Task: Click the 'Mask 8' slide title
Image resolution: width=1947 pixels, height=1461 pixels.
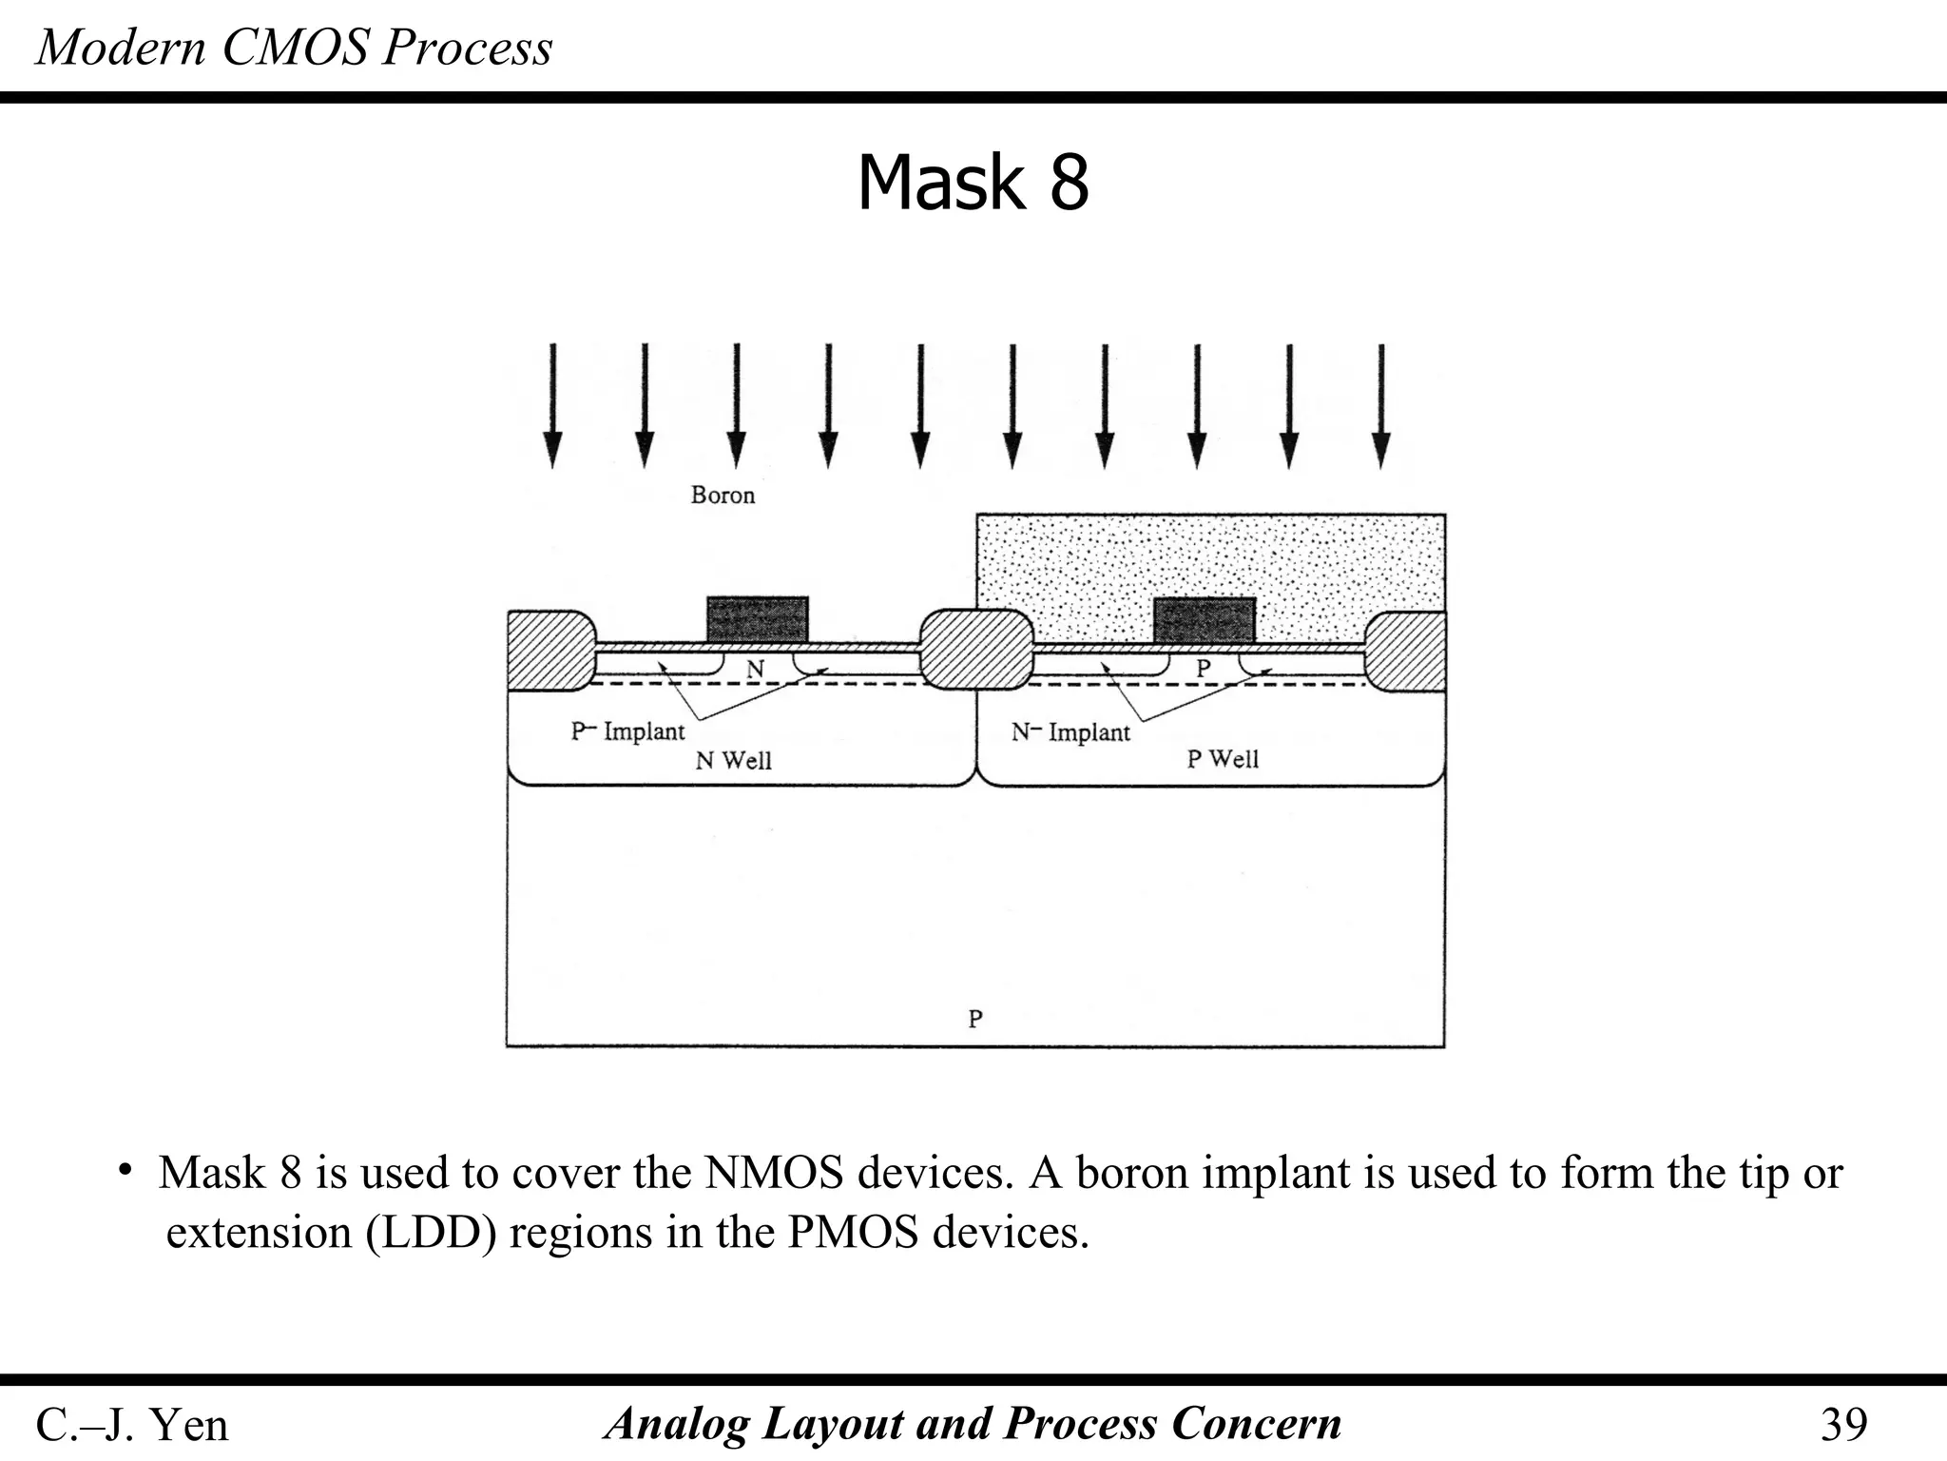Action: coord(973,183)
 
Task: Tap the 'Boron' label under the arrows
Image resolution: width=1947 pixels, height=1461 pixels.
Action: coord(723,496)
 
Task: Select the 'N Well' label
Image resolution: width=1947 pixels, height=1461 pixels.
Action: coord(733,761)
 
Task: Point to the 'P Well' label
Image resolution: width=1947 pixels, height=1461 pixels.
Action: coord(1223,759)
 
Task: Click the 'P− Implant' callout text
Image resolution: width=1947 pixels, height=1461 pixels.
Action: coord(627,731)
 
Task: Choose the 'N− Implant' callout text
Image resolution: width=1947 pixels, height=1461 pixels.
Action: coord(1070,732)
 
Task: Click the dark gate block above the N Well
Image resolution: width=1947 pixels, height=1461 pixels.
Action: coord(757,619)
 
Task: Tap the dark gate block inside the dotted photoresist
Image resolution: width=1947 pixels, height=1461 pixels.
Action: coord(1204,619)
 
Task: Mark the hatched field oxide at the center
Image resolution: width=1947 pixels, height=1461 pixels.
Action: coord(976,649)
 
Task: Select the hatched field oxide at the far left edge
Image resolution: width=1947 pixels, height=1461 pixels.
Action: coord(549,651)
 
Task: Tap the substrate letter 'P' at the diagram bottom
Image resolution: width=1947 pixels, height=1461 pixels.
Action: coord(975,1019)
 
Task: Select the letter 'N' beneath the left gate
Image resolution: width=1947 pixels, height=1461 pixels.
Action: coord(755,670)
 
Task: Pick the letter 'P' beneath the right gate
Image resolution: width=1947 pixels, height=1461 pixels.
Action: coord(1204,669)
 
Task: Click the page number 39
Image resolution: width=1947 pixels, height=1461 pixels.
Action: coord(1843,1425)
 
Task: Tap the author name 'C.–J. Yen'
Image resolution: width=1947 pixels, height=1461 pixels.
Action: coord(132,1425)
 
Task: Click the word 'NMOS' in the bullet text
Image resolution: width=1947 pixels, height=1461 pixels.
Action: coord(774,1173)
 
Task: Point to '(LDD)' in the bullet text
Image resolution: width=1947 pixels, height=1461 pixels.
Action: coord(432,1233)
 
